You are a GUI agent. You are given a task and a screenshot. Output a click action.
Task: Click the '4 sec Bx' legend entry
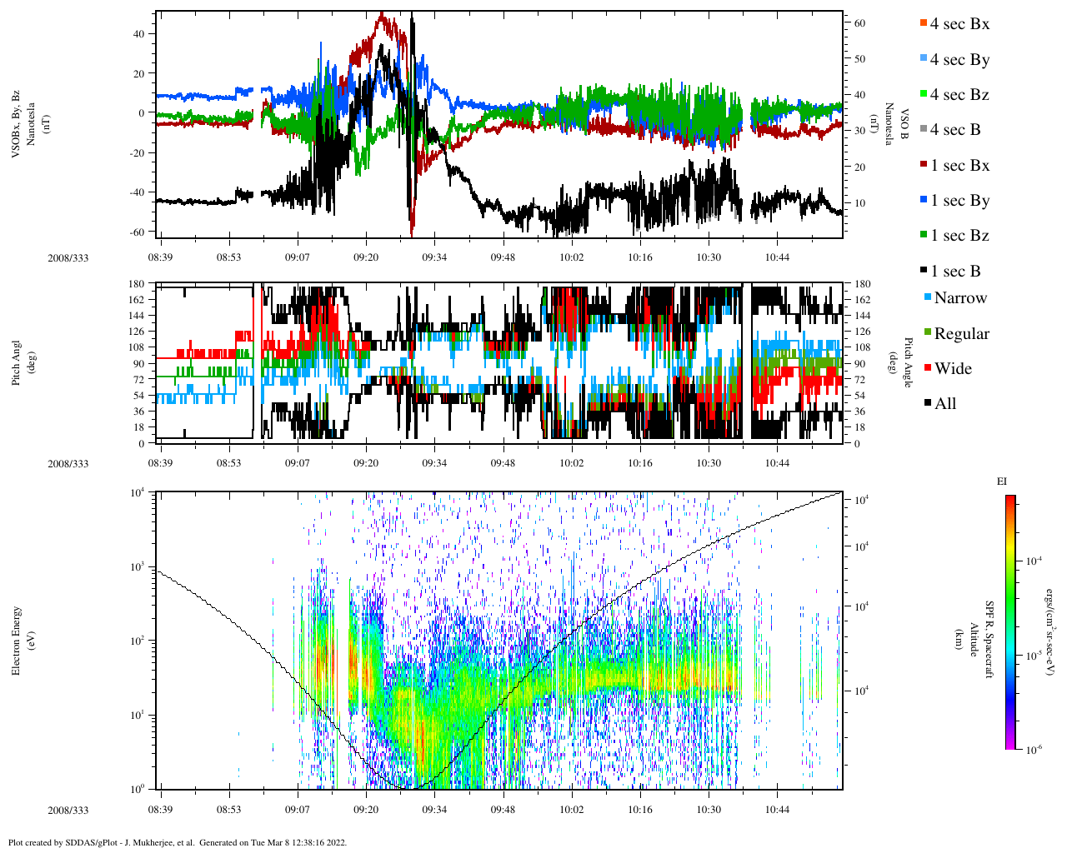(x=959, y=24)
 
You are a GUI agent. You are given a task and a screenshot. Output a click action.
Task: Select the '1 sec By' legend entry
(x=959, y=201)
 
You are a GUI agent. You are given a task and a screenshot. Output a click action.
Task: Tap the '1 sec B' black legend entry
(x=954, y=272)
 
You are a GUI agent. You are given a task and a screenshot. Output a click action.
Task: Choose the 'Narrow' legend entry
(x=959, y=298)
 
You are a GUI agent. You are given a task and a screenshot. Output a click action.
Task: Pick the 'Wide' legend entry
(x=952, y=369)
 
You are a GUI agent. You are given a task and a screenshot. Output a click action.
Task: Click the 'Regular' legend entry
(x=961, y=334)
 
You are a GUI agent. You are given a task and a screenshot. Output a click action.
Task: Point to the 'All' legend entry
(x=944, y=404)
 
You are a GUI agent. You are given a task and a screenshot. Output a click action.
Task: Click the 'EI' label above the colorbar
(x=1002, y=481)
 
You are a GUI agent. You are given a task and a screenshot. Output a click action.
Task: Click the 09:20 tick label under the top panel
(x=366, y=257)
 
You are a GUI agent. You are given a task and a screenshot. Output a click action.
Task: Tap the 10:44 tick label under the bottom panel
(x=777, y=809)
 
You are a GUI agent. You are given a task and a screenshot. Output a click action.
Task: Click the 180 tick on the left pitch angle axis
(x=136, y=284)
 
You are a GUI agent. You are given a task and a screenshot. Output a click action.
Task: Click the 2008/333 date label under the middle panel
(x=68, y=464)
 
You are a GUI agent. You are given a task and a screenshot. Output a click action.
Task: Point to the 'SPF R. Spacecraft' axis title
(x=990, y=639)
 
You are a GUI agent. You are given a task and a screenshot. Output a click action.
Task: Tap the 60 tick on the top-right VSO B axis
(x=859, y=23)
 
